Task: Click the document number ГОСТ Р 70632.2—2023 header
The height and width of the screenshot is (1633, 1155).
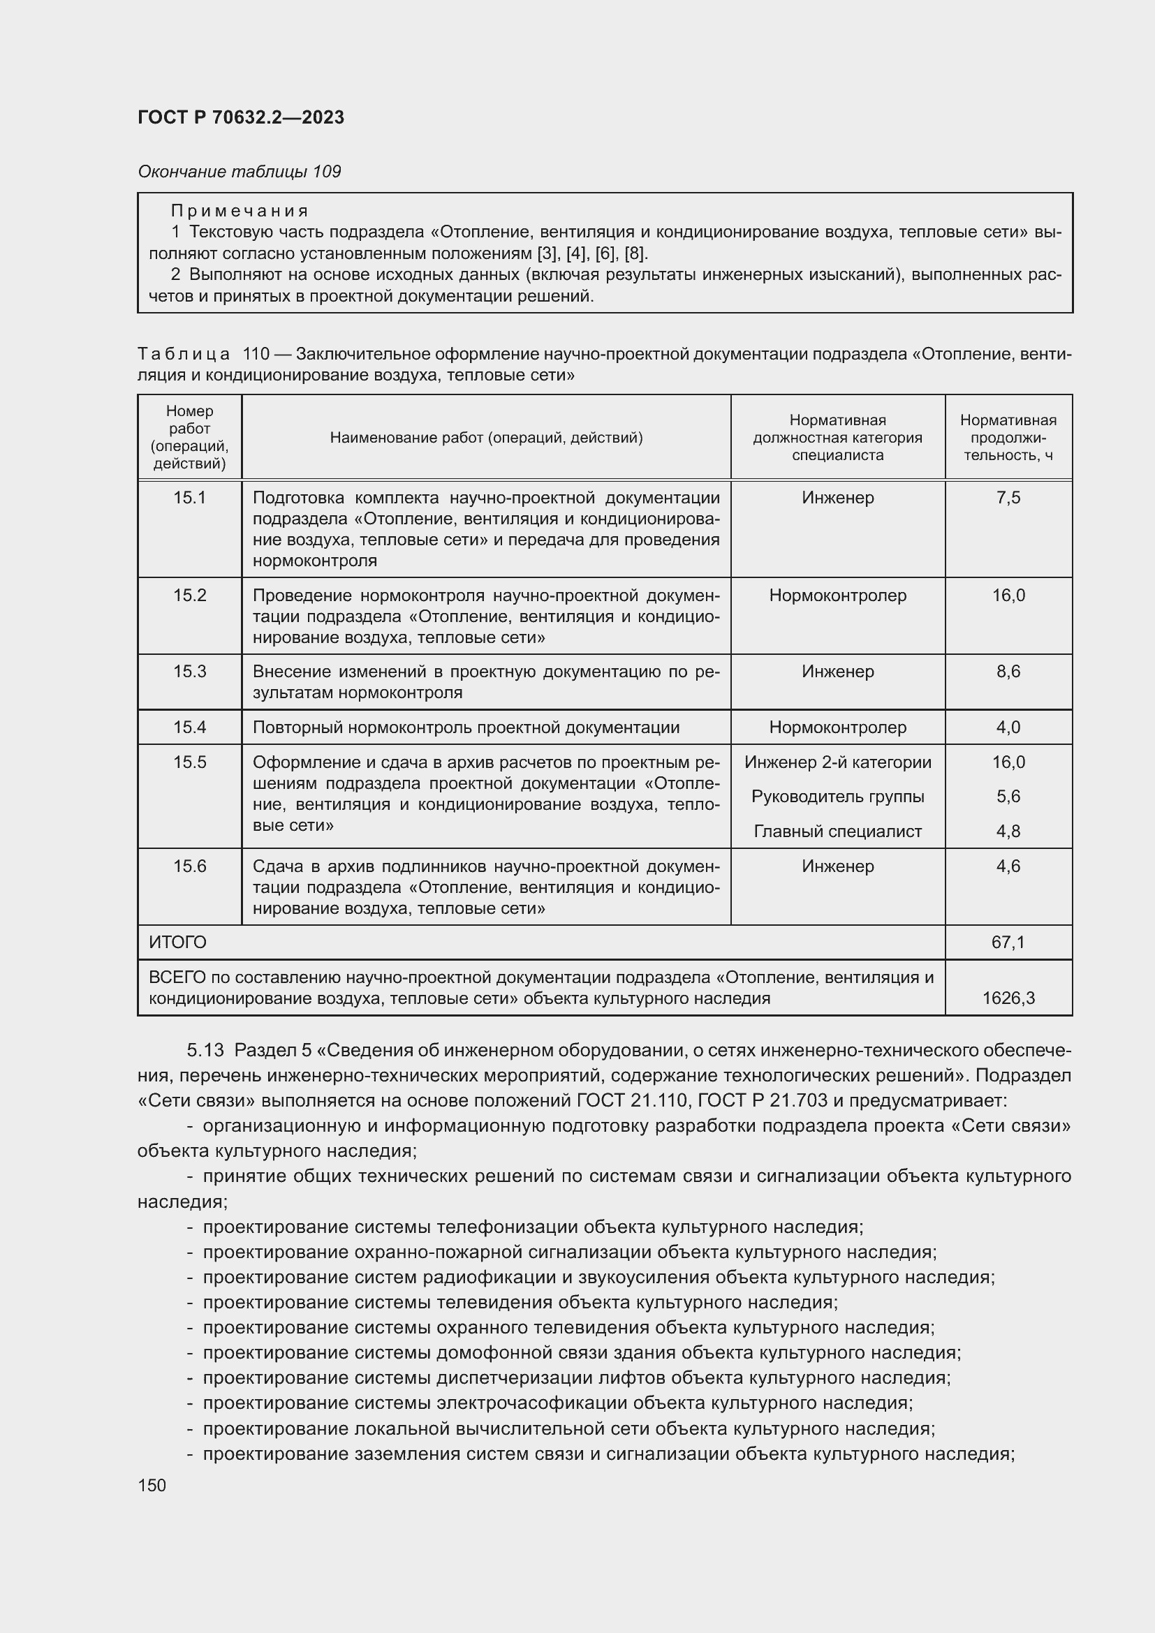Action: tap(240, 117)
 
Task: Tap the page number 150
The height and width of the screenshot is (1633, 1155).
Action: tap(152, 1485)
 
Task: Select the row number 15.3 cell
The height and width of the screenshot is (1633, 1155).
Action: tap(189, 672)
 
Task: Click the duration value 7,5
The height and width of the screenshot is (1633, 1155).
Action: tap(1008, 498)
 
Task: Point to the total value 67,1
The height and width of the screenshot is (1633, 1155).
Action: tap(1008, 943)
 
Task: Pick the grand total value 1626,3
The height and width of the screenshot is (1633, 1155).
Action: tap(1008, 998)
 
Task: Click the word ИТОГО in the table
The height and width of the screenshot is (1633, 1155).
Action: tap(178, 943)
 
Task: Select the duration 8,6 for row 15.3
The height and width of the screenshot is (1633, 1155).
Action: tap(1008, 672)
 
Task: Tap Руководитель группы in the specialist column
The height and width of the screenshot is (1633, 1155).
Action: tap(837, 797)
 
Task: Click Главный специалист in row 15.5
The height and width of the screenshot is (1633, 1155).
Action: tap(837, 832)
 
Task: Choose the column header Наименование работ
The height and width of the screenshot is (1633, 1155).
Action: tap(486, 438)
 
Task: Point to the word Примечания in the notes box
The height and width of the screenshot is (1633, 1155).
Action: tap(240, 211)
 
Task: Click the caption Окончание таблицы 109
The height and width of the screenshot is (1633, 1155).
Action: tap(239, 172)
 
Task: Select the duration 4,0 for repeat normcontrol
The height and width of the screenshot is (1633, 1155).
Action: tap(1008, 727)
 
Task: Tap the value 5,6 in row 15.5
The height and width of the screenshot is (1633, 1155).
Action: tap(1008, 797)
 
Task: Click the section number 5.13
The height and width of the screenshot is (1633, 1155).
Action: tap(205, 1051)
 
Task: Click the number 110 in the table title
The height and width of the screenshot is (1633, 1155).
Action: tap(256, 353)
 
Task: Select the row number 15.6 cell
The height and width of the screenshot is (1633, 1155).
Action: tap(189, 866)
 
